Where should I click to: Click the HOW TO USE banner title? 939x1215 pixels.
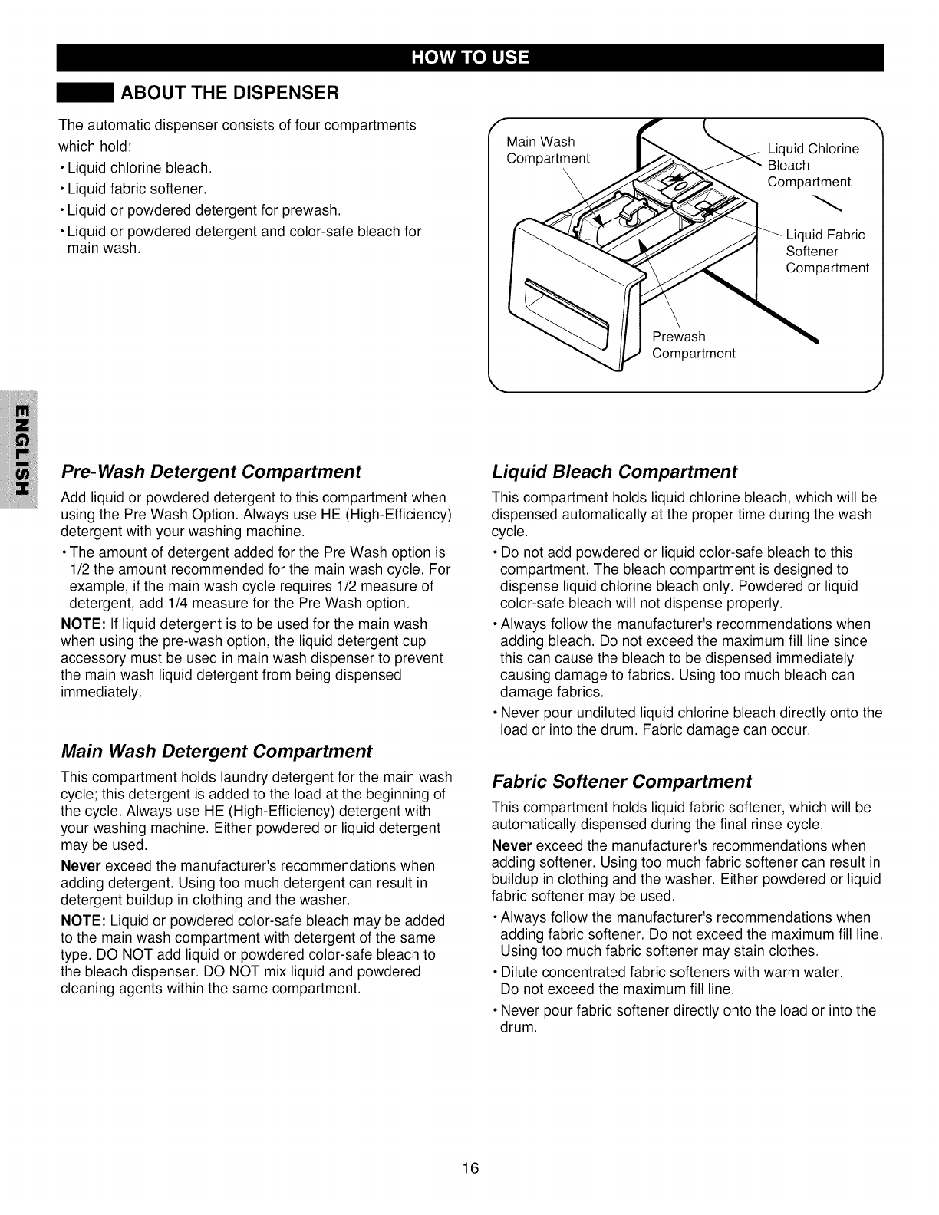[x=470, y=58]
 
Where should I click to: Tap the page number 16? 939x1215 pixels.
[x=470, y=1168]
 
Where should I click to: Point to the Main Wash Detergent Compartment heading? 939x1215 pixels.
[x=216, y=749]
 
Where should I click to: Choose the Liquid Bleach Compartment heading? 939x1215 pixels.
[x=614, y=470]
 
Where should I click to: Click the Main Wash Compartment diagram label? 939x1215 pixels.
[x=548, y=150]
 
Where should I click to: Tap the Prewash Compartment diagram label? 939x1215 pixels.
[x=693, y=345]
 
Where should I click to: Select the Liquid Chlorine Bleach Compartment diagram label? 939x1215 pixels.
[x=812, y=165]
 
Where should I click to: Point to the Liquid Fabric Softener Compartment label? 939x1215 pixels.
[x=827, y=252]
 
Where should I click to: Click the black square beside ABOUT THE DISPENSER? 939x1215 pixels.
[x=86, y=94]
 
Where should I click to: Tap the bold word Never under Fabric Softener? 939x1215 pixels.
[x=511, y=845]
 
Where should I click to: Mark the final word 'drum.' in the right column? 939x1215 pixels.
[x=518, y=1027]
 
